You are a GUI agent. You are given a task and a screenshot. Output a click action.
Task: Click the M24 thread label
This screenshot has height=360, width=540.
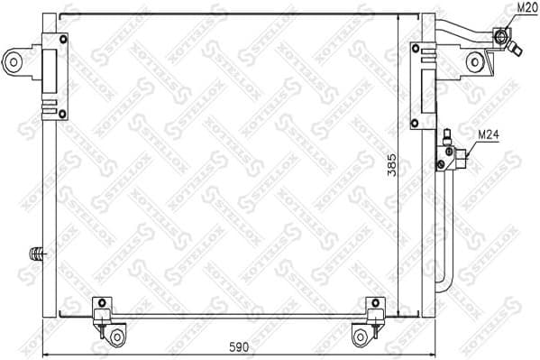click(488, 134)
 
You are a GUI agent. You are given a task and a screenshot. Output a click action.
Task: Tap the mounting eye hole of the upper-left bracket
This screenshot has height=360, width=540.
click(13, 61)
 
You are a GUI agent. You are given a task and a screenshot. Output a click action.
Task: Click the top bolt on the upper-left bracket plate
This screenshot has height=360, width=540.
click(62, 38)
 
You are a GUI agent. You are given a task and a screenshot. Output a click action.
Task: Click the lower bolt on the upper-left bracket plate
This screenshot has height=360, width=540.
click(62, 113)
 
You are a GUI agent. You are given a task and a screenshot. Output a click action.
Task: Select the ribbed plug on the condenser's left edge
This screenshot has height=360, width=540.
click(37, 254)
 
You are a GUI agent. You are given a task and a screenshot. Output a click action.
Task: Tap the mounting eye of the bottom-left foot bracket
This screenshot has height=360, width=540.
click(115, 337)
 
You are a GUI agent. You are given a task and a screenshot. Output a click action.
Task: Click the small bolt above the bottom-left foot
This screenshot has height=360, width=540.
click(102, 301)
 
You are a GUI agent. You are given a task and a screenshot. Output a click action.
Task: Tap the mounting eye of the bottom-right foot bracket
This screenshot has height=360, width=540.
click(361, 337)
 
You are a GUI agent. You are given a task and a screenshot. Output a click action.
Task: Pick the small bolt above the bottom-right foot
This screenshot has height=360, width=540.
click(373, 301)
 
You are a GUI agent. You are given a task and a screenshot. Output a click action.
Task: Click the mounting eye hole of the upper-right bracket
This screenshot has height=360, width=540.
click(475, 61)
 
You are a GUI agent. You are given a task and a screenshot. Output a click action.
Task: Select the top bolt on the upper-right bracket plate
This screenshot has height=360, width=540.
click(416, 47)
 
